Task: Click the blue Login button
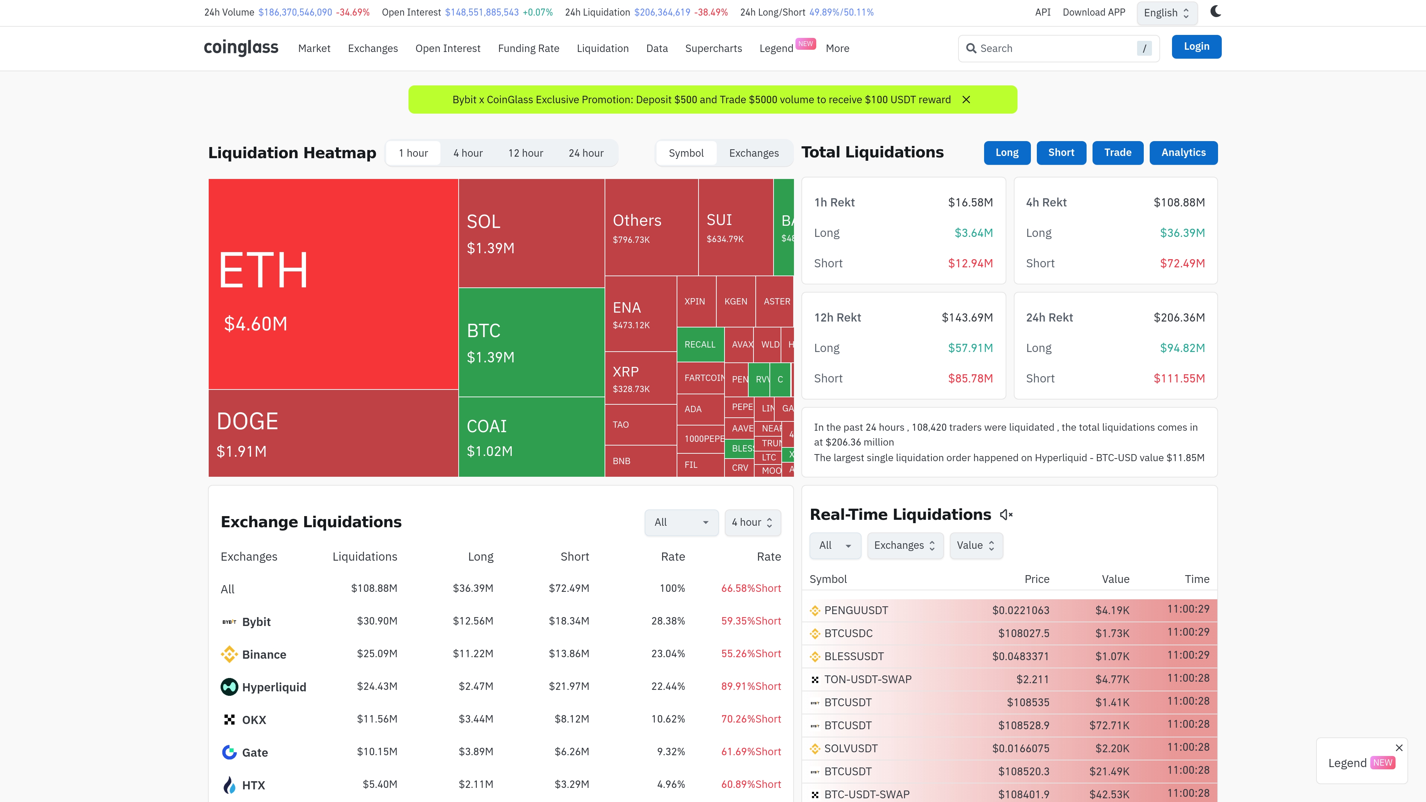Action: [1196, 46]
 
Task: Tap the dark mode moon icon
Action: [1215, 12]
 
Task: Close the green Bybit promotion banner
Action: [966, 100]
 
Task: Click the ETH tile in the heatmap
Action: [333, 283]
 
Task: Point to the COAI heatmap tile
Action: [531, 437]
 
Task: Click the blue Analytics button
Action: [1183, 153]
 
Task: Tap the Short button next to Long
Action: [1061, 153]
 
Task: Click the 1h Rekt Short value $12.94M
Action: [970, 264]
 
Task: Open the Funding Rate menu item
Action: [528, 49]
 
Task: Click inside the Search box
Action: [1052, 49]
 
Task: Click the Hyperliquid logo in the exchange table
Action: [229, 687]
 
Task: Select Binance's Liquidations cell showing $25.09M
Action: [377, 653]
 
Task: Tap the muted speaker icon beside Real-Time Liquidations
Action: [1006, 515]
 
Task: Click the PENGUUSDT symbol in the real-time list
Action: [856, 610]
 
